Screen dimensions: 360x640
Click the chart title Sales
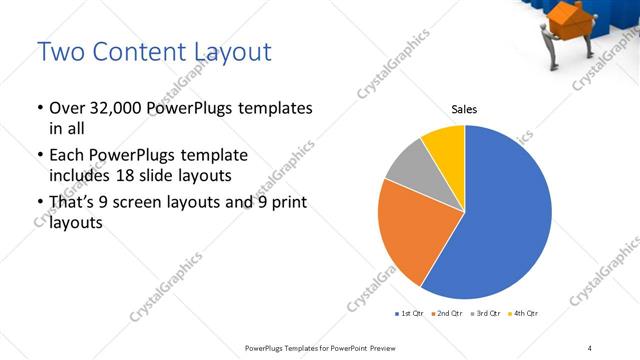(x=464, y=110)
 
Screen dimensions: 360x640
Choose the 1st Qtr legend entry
(x=409, y=314)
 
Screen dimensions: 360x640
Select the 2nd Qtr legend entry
(x=447, y=314)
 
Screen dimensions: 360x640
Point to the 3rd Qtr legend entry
(x=486, y=314)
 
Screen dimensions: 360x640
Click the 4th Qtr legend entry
(x=523, y=314)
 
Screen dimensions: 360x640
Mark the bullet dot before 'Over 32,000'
(x=39, y=108)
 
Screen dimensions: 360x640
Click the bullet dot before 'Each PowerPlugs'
(x=39, y=156)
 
